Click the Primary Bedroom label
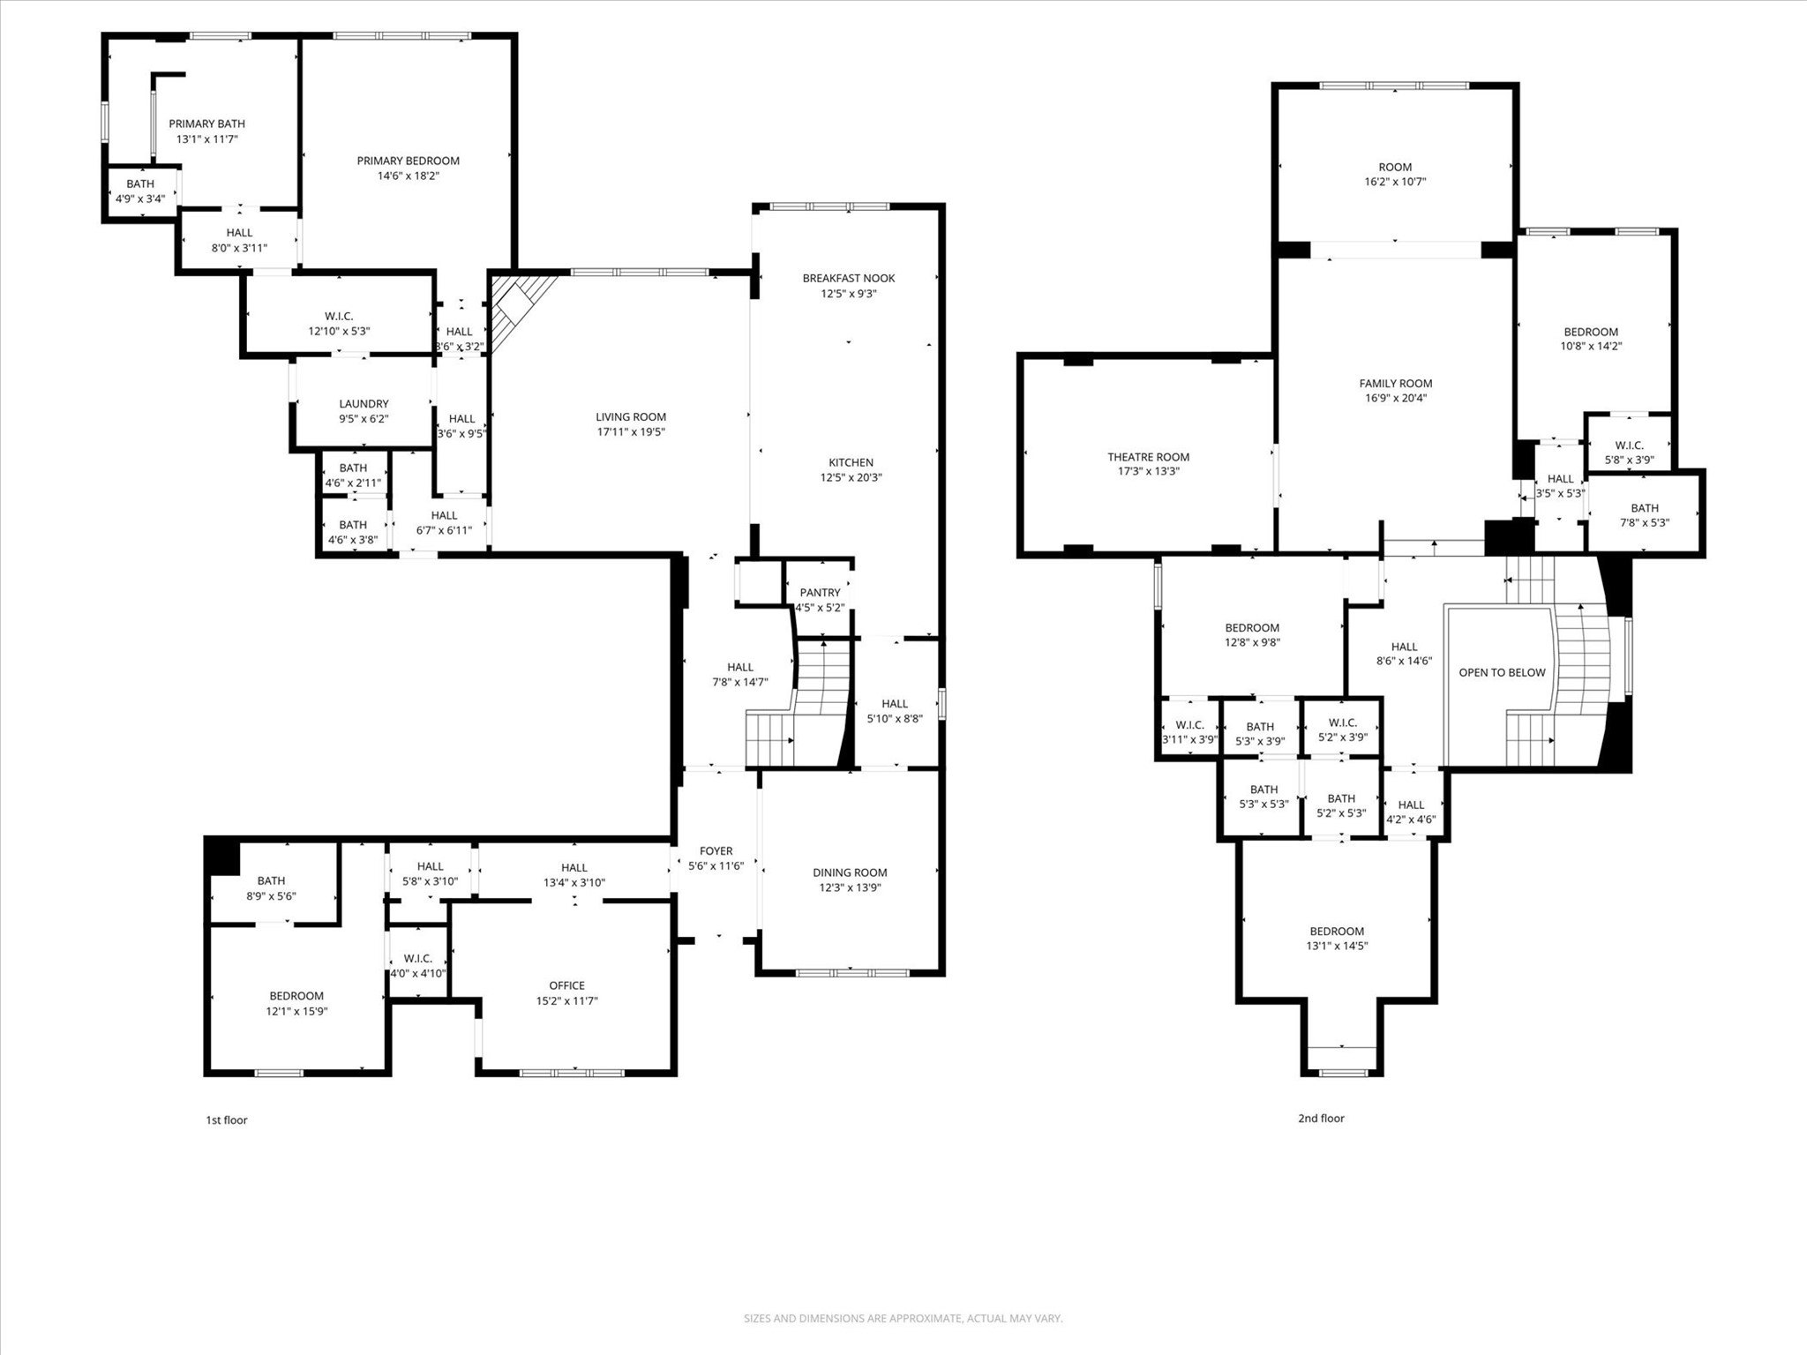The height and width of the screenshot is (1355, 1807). coord(408,161)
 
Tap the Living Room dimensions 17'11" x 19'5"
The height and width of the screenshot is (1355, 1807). coord(630,432)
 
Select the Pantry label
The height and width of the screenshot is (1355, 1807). coord(820,593)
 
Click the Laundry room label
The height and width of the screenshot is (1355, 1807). coord(364,404)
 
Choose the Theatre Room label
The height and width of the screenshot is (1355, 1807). coord(1148,457)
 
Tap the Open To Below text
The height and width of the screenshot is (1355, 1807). coord(1502,672)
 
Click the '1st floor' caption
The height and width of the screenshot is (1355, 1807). coord(227,1120)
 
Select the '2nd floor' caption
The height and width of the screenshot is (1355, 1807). coord(1321,1119)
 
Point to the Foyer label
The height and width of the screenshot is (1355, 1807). coord(716,851)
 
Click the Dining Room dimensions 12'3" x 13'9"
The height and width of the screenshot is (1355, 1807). coord(850,888)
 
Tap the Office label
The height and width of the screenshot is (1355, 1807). coord(566,985)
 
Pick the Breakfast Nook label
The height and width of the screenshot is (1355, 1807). coord(848,278)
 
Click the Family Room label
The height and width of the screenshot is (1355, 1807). coord(1395,383)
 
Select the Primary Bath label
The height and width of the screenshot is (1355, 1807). coord(206,124)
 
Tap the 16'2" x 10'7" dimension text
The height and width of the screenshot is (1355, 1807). coord(1395,182)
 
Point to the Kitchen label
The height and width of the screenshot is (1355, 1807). coord(851,462)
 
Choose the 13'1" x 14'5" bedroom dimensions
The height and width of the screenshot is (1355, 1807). coord(1337,946)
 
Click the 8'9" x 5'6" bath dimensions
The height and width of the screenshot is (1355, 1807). coord(271,896)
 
